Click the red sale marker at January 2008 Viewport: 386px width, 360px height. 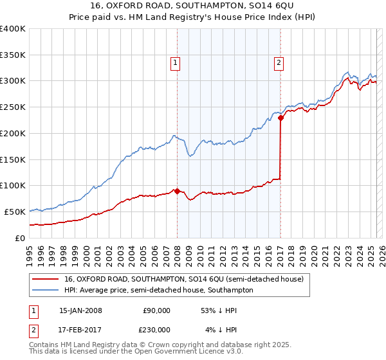(177, 191)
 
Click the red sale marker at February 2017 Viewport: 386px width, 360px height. (280, 118)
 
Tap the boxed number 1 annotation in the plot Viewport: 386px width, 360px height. (176, 62)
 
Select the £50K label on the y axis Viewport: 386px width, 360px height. (15, 212)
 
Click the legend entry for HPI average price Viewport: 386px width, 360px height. (158, 290)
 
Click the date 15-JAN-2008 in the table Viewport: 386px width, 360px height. (80, 310)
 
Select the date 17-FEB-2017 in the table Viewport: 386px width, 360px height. (80, 330)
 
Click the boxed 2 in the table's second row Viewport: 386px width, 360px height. (32, 330)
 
